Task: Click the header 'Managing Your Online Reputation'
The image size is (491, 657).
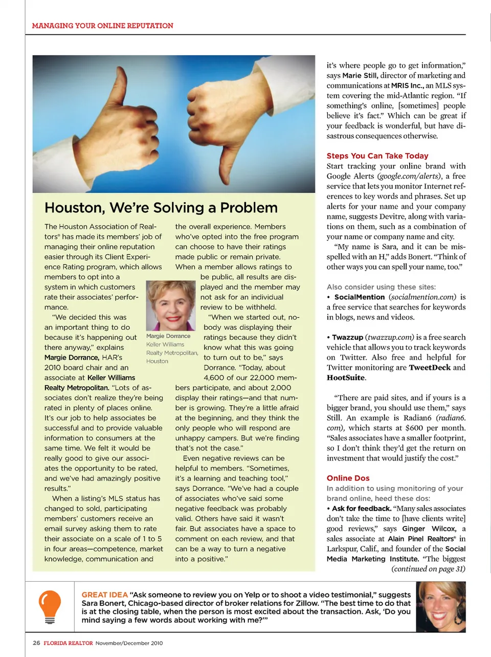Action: click(x=102, y=26)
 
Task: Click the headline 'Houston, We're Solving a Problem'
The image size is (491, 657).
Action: click(x=161, y=208)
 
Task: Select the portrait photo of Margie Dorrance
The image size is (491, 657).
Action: click(x=171, y=305)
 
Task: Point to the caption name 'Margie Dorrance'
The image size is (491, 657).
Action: click(x=168, y=336)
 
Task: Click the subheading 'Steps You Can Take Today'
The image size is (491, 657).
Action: click(x=377, y=156)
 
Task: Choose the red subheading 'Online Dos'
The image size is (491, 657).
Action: click(x=348, y=478)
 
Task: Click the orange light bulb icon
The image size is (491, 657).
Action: click(x=50, y=606)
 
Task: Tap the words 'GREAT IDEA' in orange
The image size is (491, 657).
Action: click(x=104, y=595)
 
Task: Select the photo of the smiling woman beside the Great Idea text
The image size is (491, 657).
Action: click(x=441, y=607)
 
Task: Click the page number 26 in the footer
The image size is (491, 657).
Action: click(x=36, y=643)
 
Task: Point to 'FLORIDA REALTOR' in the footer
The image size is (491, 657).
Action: click(x=68, y=643)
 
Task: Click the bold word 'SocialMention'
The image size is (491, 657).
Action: click(x=359, y=297)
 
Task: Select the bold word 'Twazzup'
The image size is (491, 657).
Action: click(x=347, y=337)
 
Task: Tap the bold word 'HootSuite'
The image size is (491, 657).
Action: click(x=346, y=378)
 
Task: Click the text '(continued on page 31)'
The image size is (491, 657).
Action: click(x=428, y=568)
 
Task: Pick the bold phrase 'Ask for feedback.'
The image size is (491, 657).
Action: click(x=362, y=508)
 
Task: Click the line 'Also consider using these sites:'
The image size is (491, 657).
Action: click(x=381, y=287)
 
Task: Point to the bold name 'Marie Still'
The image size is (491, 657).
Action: click(x=360, y=75)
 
